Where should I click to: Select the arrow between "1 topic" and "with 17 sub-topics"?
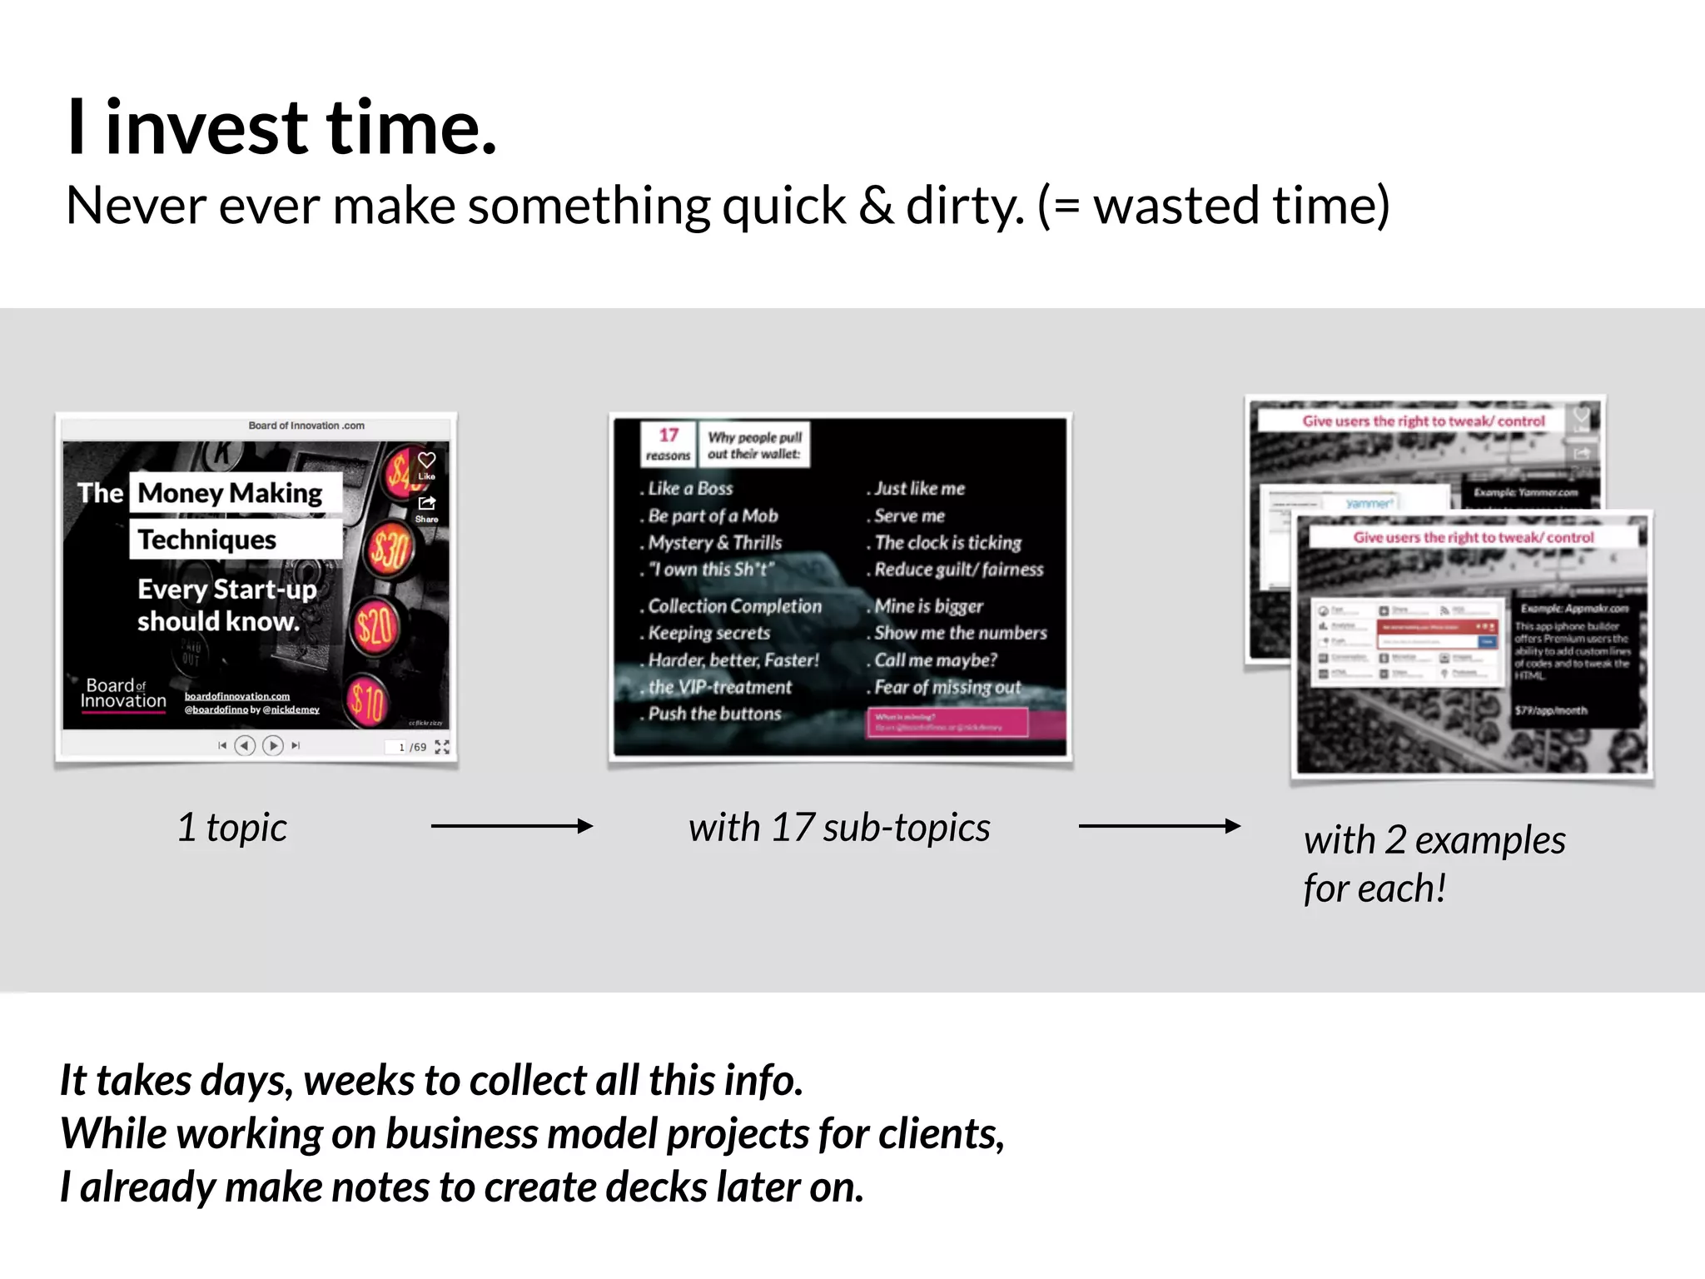[x=511, y=826]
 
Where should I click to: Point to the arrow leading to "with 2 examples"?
[x=1159, y=826]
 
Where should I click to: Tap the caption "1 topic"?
[x=232, y=828]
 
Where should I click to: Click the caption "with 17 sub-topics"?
[x=839, y=828]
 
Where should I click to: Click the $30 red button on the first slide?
[x=390, y=550]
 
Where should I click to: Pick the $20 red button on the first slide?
[x=375, y=626]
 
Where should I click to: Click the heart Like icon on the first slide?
[x=426, y=460]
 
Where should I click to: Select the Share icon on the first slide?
[x=426, y=504]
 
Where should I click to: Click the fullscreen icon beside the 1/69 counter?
[x=442, y=747]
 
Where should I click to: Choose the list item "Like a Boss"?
[x=690, y=489]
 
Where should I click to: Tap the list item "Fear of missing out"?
[x=947, y=687]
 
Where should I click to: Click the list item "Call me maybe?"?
[x=935, y=660]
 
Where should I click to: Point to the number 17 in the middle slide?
[x=669, y=435]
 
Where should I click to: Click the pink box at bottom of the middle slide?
[x=947, y=722]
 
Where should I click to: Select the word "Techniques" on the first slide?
[x=207, y=540]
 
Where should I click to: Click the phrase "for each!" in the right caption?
[x=1374, y=888]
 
